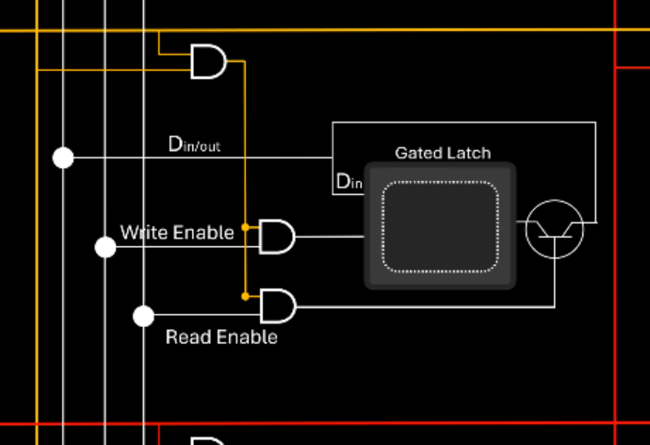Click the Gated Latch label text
click(x=442, y=153)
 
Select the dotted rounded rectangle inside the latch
click(x=440, y=226)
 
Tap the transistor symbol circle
click(x=554, y=228)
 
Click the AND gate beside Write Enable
click(x=276, y=236)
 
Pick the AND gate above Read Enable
click(x=277, y=305)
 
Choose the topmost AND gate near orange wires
click(x=208, y=61)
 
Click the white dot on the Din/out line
click(x=63, y=157)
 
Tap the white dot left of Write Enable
click(x=106, y=247)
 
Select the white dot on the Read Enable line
click(x=143, y=316)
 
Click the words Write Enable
click(x=176, y=232)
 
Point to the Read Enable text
click(x=221, y=337)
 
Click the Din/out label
click(x=194, y=144)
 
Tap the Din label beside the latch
click(x=349, y=181)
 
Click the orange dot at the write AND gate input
click(x=245, y=227)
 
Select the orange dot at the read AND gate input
click(x=245, y=296)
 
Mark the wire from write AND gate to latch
click(x=330, y=237)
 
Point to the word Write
click(x=142, y=232)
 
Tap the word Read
click(x=187, y=337)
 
